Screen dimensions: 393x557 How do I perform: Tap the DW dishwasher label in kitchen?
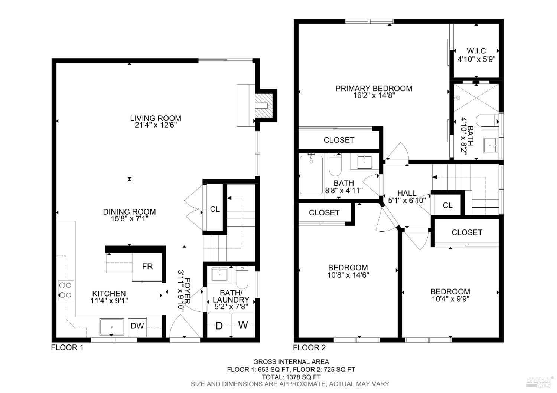[137, 326]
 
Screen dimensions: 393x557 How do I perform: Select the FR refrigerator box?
[147, 267]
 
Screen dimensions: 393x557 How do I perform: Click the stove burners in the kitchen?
[66, 290]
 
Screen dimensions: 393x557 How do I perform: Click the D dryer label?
[219, 326]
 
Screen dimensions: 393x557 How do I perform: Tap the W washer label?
[243, 326]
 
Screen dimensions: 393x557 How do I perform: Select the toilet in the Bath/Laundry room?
[242, 278]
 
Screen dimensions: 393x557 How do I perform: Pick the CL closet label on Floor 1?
[215, 209]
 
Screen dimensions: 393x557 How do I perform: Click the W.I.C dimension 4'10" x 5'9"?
[476, 59]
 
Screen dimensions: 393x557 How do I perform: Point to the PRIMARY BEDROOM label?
[374, 88]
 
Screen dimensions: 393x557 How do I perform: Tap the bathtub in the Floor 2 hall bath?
[311, 175]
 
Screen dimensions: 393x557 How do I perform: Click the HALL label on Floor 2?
[407, 193]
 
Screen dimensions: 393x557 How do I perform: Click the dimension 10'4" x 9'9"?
[450, 299]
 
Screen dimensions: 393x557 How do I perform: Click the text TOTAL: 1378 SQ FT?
[291, 377]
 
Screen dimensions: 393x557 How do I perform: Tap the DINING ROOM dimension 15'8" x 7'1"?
[129, 219]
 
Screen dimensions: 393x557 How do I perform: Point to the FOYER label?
[188, 289]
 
